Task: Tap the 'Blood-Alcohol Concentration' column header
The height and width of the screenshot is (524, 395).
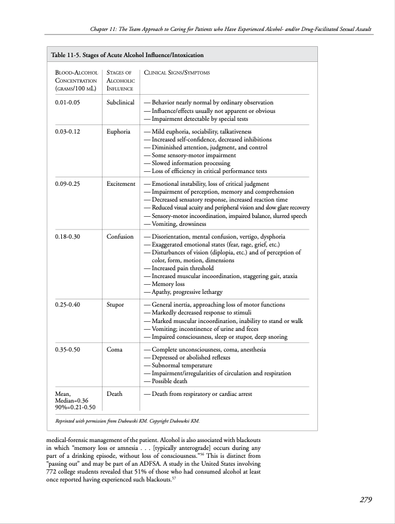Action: (x=76, y=80)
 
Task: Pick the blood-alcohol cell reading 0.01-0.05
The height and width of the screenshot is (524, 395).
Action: (x=67, y=103)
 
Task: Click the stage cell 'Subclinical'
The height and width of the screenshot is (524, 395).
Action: (x=120, y=103)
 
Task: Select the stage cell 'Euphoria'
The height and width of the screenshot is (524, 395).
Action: (x=118, y=132)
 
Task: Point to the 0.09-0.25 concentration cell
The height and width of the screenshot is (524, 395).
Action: (x=67, y=183)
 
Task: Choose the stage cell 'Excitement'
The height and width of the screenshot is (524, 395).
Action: (x=121, y=183)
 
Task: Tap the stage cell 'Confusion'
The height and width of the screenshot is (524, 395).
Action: (x=120, y=236)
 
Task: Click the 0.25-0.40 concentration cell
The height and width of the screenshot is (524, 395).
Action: (x=67, y=304)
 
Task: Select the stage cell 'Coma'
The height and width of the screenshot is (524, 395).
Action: (x=115, y=350)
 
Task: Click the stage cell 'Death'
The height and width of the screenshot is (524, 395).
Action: (x=114, y=394)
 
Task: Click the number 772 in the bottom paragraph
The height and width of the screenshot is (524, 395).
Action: (x=54, y=471)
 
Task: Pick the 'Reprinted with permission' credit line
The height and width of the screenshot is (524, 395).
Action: (x=127, y=420)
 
